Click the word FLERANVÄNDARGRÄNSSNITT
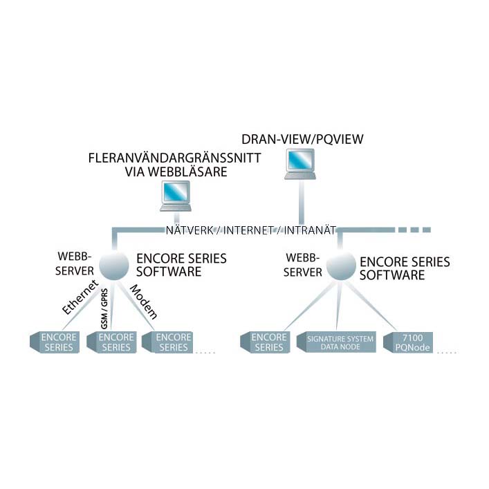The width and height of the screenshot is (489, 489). pos(174,159)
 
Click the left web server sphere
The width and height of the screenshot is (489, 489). pos(114,264)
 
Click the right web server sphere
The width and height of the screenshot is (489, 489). pos(340,266)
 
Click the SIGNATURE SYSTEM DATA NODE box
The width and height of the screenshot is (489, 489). pos(336,342)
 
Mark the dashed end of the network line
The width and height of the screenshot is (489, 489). pos(413,229)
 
